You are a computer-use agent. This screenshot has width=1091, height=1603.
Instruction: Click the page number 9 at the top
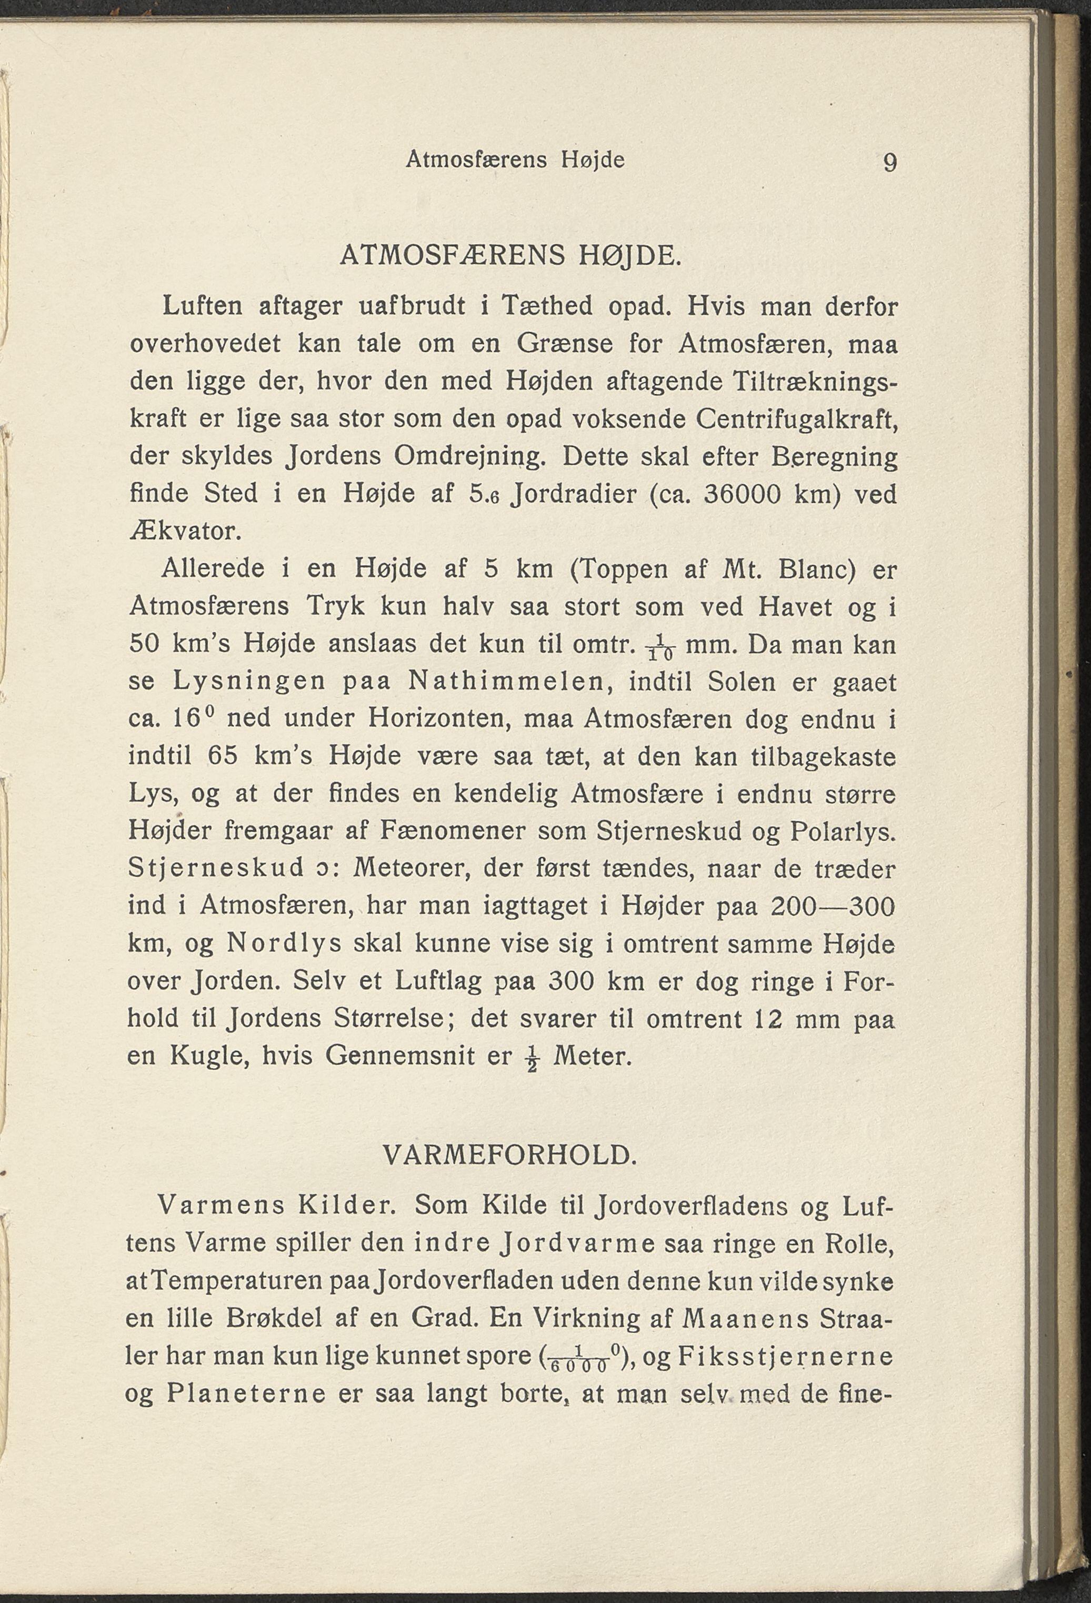(x=889, y=163)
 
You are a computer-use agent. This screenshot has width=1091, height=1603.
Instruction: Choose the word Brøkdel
(x=265, y=1318)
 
